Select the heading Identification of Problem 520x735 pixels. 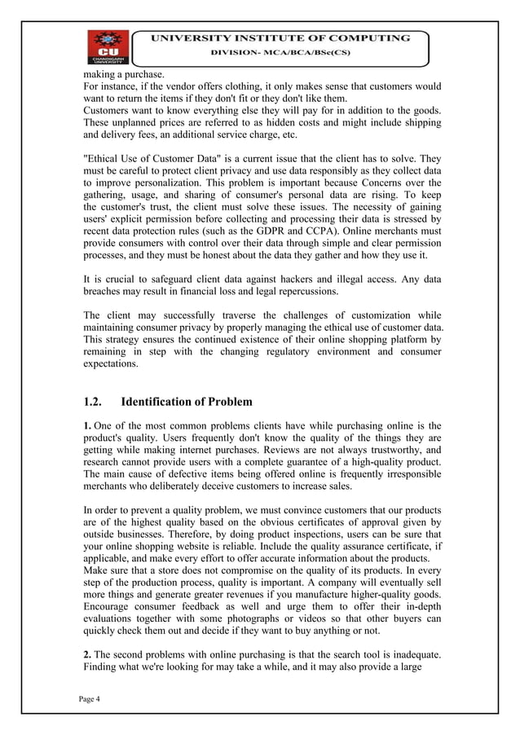[x=187, y=402]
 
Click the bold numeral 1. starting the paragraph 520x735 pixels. [x=88, y=425]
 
